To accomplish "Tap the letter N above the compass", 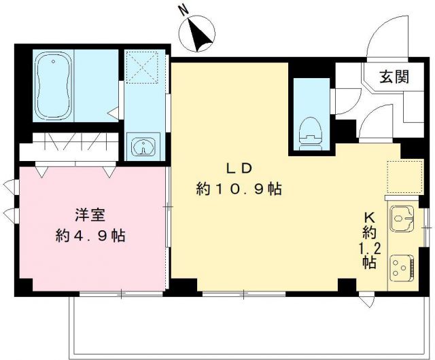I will (x=182, y=10).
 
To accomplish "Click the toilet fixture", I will (x=310, y=130).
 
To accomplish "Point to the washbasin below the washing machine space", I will (x=143, y=147).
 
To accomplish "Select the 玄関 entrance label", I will (x=394, y=77).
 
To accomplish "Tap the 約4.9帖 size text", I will (x=90, y=236).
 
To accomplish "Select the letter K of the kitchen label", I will (x=370, y=217).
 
